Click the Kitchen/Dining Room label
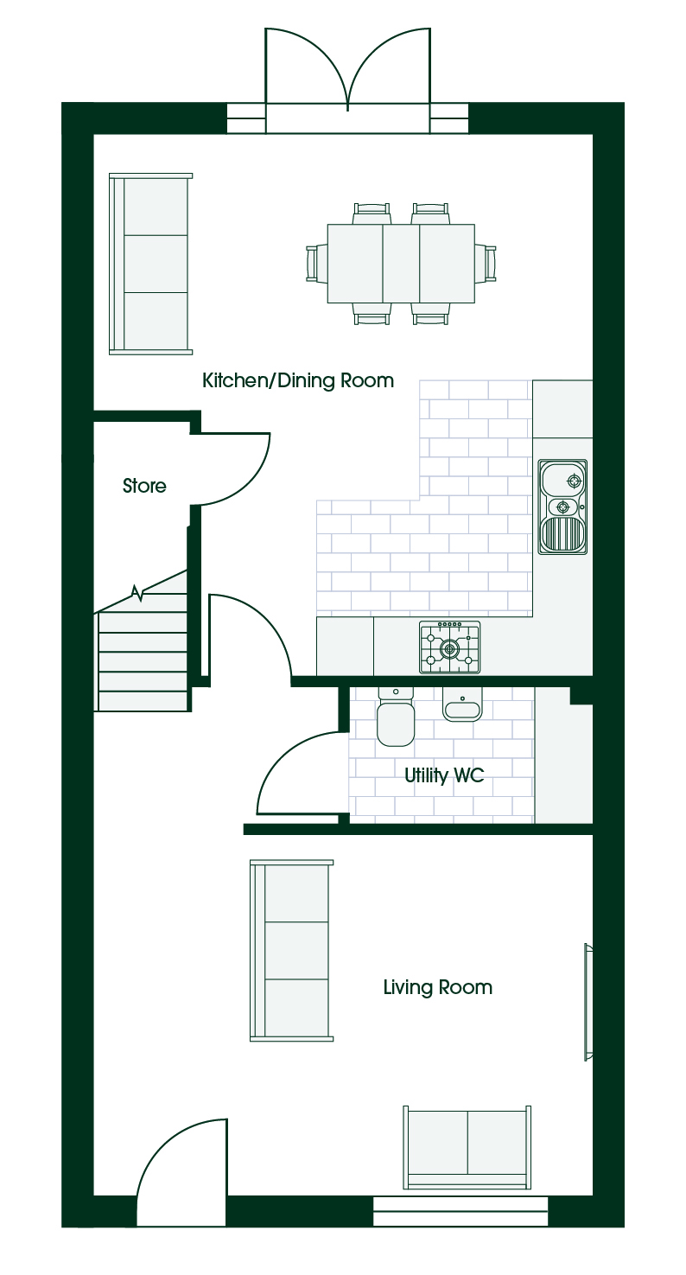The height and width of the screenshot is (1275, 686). [298, 380]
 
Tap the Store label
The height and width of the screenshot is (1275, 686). [144, 486]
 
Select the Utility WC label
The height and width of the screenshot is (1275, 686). [444, 775]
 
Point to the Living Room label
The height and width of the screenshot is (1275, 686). [437, 987]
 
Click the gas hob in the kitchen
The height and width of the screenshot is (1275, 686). [449, 647]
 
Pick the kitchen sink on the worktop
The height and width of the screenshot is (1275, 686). [562, 507]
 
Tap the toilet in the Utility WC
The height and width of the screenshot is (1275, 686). [396, 717]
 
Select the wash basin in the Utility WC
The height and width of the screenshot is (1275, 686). [462, 704]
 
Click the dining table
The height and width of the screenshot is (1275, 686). [401, 264]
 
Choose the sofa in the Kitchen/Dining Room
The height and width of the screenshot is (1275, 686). [150, 265]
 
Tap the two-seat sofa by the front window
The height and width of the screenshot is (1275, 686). [467, 1148]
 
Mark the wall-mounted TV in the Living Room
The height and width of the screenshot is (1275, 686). [588, 1002]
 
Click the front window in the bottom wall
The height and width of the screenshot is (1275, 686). [461, 1210]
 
